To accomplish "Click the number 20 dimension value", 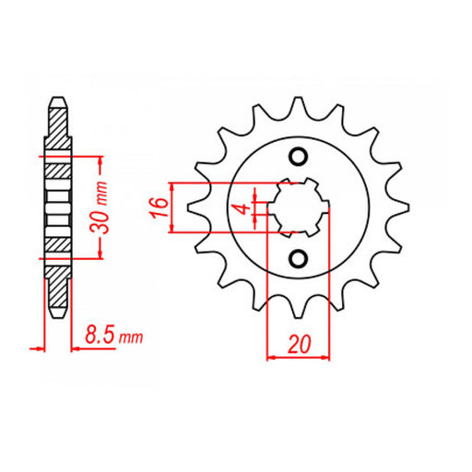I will (x=298, y=345).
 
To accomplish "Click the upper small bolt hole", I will (x=298, y=156).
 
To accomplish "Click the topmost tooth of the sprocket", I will (x=298, y=104).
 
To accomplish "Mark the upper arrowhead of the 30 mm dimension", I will (x=100, y=159).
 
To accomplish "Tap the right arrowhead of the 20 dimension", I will (x=326, y=357).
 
